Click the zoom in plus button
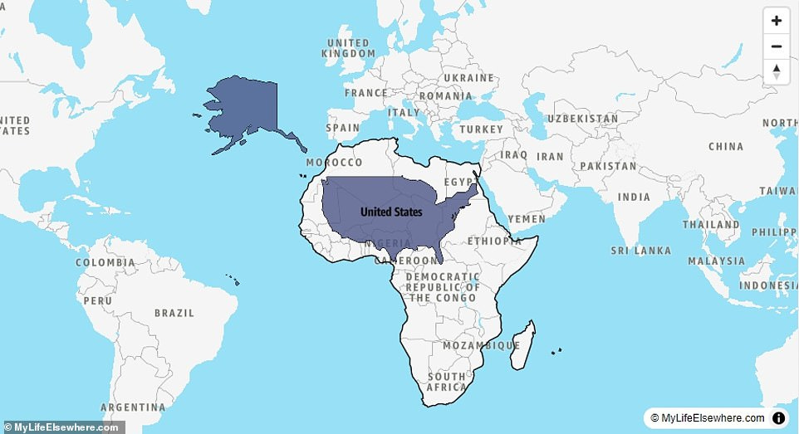point(776,21)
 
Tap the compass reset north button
point(776,71)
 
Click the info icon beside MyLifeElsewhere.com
point(779,418)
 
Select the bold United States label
point(391,212)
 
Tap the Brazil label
point(174,314)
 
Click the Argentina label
point(133,407)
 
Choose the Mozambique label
point(481,345)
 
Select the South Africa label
point(447,382)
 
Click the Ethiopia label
point(495,241)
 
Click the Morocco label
point(334,163)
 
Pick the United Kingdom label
point(347,48)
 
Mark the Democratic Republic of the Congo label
point(443,287)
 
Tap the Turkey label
point(482,130)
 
